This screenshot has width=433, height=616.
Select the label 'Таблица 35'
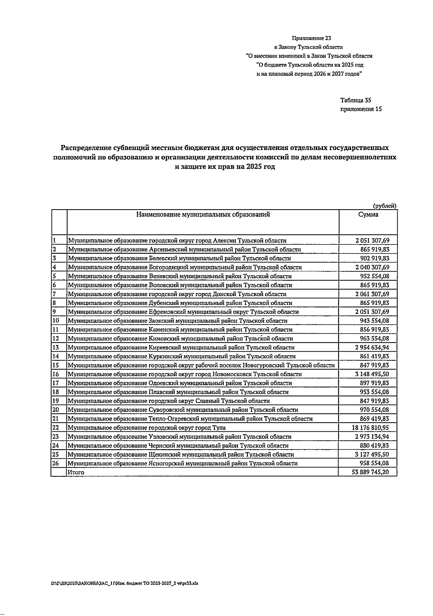355,100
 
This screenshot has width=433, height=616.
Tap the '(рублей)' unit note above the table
384,206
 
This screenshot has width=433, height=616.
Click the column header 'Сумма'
368,215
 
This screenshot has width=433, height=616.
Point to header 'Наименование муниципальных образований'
203,215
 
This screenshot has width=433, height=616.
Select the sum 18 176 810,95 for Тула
370,428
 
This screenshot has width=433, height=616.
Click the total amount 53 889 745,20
370,472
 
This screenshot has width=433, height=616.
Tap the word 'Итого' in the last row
76,472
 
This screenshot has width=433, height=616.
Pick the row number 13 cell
56,348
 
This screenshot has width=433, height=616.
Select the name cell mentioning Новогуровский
201,365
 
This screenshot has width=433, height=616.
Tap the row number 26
56,463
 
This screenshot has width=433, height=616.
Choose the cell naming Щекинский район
181,454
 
